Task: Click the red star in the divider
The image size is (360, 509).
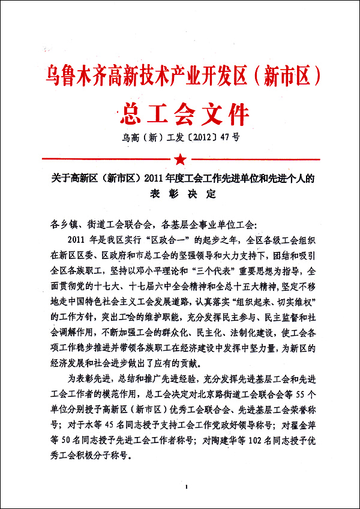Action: click(x=180, y=159)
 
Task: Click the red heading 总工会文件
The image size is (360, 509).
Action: click(x=179, y=112)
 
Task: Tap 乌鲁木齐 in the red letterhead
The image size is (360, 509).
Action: click(x=76, y=76)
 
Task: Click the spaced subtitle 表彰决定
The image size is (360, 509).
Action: click(x=180, y=194)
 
